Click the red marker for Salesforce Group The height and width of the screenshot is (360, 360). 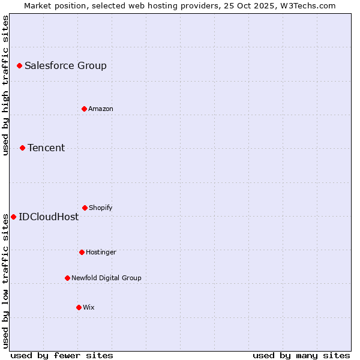tap(19, 65)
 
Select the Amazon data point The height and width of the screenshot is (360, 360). tap(84, 109)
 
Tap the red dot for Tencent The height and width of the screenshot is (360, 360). tap(22, 148)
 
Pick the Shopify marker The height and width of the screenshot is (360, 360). tap(85, 208)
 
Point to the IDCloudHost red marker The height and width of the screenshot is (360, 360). tap(13, 217)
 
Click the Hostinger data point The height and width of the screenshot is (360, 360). tap(82, 252)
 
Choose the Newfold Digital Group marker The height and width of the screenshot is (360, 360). tap(67, 278)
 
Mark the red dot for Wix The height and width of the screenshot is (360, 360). tap(79, 307)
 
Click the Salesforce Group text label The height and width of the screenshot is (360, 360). tap(65, 65)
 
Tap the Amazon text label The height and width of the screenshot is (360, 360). tap(101, 109)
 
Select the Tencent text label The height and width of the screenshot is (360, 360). tap(46, 148)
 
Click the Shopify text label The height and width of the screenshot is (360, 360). tap(101, 208)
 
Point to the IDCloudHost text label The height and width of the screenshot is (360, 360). tap(49, 217)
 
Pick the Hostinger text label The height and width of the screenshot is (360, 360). tap(101, 252)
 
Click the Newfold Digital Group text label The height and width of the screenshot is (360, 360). tap(106, 278)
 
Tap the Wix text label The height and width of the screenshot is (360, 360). tap(89, 307)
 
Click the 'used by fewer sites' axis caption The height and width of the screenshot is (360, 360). tap(62, 355)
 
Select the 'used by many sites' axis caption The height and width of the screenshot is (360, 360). tap(301, 355)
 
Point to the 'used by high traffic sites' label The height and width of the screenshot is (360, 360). tap(5, 85)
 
